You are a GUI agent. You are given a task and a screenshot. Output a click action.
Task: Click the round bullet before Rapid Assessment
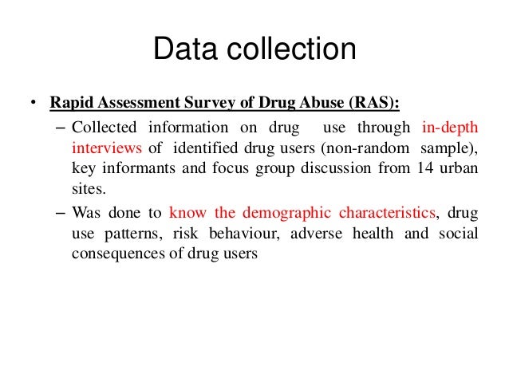(x=32, y=104)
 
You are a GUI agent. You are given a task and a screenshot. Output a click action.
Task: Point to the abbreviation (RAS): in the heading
(x=373, y=104)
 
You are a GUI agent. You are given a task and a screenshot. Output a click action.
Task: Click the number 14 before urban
(x=424, y=169)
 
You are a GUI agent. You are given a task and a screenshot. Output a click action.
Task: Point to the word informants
(x=133, y=169)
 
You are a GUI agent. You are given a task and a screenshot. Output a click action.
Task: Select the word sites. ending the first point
(x=87, y=191)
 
